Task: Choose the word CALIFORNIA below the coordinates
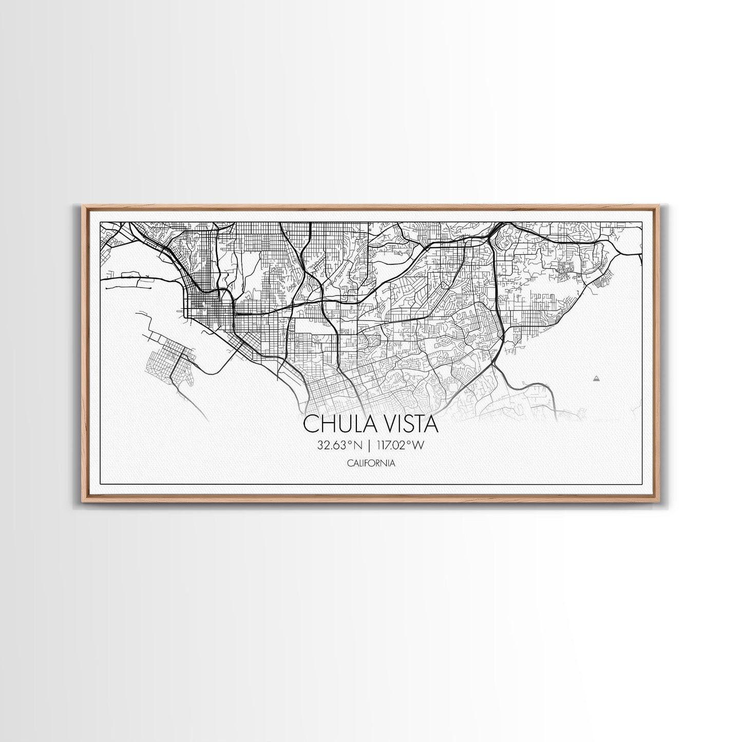371,463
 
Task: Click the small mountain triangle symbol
596,378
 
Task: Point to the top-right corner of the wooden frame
659,206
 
